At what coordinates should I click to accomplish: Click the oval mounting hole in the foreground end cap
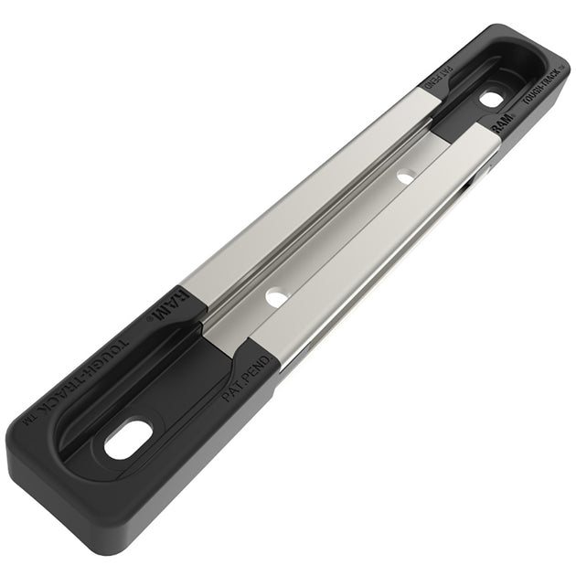coord(127,440)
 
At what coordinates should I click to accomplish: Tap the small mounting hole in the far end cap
coord(491,98)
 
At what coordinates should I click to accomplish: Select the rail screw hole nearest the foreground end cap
coord(275,297)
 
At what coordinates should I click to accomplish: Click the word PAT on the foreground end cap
coord(232,389)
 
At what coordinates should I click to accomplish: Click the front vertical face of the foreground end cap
coord(137,512)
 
